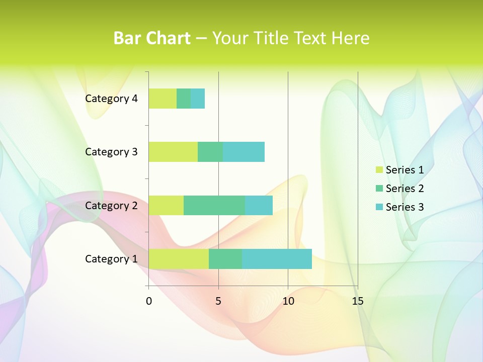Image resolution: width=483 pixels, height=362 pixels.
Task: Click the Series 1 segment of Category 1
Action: click(179, 258)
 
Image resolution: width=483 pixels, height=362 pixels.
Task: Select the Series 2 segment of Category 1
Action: click(225, 258)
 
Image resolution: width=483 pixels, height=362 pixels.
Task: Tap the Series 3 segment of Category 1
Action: click(277, 258)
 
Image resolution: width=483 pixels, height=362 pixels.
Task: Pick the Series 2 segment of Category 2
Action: click(214, 205)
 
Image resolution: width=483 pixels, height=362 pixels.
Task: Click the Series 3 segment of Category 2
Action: click(259, 205)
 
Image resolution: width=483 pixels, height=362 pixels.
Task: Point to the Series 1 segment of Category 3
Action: click(173, 152)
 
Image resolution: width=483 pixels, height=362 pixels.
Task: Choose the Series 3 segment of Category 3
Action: click(244, 152)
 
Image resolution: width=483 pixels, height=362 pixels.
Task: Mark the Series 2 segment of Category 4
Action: click(184, 99)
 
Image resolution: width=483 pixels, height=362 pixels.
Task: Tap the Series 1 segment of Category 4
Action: click(163, 99)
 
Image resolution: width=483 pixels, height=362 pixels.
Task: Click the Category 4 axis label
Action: click(111, 99)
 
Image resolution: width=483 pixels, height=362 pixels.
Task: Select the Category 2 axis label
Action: click(111, 205)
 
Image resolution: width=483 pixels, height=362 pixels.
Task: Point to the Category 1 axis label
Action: click(111, 259)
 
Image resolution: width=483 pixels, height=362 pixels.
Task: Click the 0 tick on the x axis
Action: click(149, 301)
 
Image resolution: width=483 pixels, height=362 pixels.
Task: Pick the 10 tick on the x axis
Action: click(288, 301)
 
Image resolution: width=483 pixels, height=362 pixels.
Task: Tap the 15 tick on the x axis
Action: click(358, 301)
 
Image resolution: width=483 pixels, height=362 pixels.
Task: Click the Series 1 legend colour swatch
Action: click(379, 170)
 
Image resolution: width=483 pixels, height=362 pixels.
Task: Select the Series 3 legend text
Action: click(405, 207)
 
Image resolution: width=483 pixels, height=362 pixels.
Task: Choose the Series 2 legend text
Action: click(405, 189)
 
